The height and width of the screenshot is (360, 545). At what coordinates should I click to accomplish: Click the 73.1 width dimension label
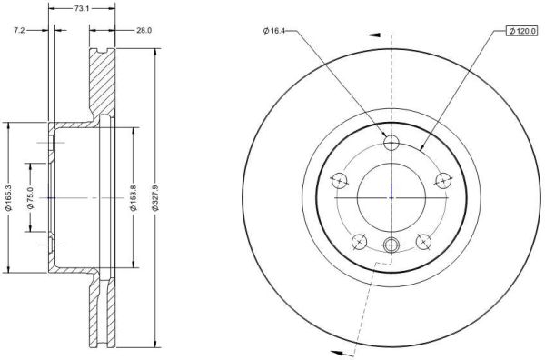pos(82,9)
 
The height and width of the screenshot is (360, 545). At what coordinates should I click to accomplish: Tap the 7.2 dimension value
pos(19,31)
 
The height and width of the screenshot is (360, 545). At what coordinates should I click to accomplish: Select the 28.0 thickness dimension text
pos(144,31)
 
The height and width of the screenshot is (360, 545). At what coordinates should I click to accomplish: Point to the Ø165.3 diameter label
pos(9,198)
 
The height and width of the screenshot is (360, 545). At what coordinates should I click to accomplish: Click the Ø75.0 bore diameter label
pos(31,198)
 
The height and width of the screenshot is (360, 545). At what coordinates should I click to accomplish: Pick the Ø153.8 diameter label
pos(134,198)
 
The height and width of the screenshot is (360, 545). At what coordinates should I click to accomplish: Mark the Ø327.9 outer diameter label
pos(155,198)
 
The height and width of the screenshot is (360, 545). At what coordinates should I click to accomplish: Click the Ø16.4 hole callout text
pos(274,31)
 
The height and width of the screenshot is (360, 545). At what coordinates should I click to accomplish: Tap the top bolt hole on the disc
pos(391,142)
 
